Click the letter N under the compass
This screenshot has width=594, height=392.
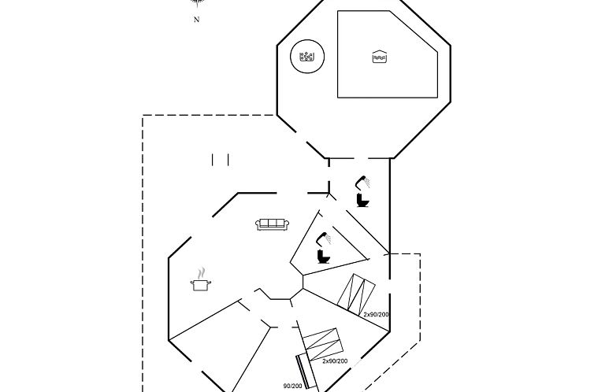click(197, 20)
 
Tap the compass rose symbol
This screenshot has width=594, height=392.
click(197, 4)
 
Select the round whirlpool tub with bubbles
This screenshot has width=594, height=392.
click(307, 57)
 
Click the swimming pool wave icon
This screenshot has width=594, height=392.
click(379, 57)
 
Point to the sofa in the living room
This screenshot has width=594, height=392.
click(272, 224)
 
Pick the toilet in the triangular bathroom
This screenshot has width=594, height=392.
click(322, 256)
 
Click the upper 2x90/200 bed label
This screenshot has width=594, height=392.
click(377, 314)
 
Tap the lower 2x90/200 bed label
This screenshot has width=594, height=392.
click(335, 361)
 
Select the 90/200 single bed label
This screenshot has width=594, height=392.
click(292, 386)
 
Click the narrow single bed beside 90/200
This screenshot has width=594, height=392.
click(306, 372)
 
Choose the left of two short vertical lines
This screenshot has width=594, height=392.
click(213, 160)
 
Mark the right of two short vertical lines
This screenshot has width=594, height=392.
click(228, 160)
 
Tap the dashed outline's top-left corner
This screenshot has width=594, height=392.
click(143, 116)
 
